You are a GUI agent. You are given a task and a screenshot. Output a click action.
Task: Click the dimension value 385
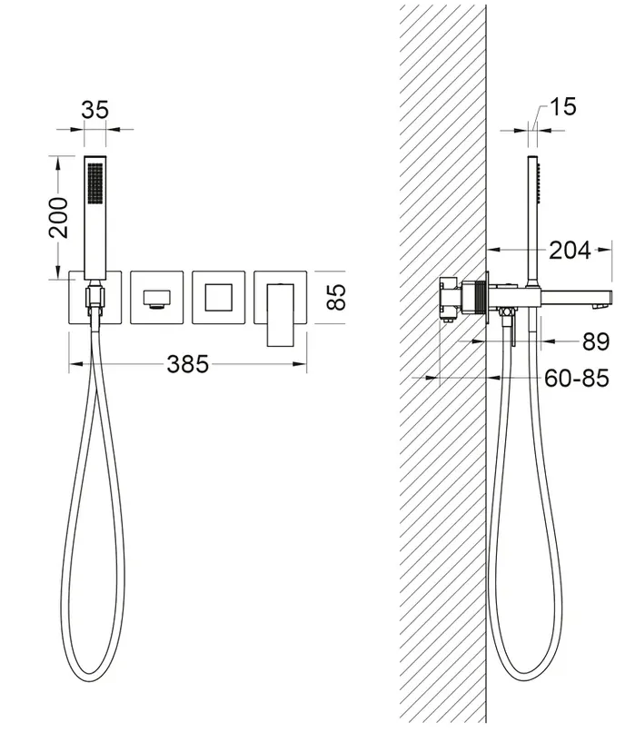pyautogui.click(x=187, y=364)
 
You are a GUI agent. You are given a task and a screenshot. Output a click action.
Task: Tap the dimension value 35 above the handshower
pyautogui.click(x=95, y=109)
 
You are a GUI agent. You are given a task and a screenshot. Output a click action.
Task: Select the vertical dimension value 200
pyautogui.click(x=59, y=217)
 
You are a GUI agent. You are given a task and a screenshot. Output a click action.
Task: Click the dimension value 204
pyautogui.click(x=570, y=250)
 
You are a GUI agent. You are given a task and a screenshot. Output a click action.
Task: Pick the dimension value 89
pyautogui.click(x=596, y=341)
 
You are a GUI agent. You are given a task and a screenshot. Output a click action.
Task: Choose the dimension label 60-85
pyautogui.click(x=577, y=378)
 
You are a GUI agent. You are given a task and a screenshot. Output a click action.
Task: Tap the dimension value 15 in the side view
pyautogui.click(x=562, y=106)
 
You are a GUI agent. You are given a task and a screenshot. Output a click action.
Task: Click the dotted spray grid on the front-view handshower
pyautogui.click(x=95, y=183)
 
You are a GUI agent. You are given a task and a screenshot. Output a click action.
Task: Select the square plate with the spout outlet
pyautogui.click(x=157, y=297)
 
